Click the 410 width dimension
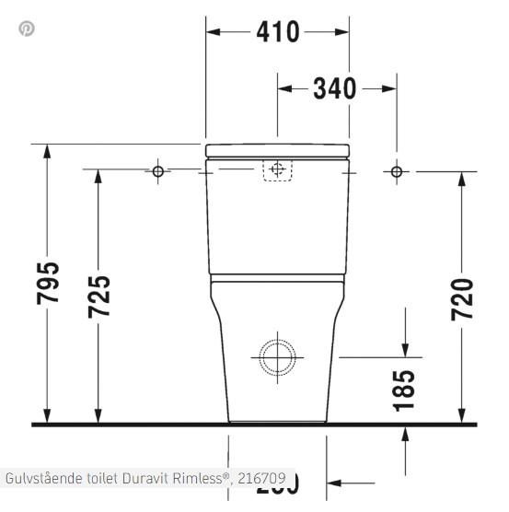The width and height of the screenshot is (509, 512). coord(277,32)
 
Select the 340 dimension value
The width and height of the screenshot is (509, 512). coord(334,88)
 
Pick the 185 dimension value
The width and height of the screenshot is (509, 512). coord(404,389)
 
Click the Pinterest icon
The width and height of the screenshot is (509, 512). coord(27,29)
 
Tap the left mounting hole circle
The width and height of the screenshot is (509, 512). coord(157,171)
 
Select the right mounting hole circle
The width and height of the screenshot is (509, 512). coord(397,171)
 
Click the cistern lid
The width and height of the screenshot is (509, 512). coord(277,150)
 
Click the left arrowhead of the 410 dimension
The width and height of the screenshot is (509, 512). coord(213,32)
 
